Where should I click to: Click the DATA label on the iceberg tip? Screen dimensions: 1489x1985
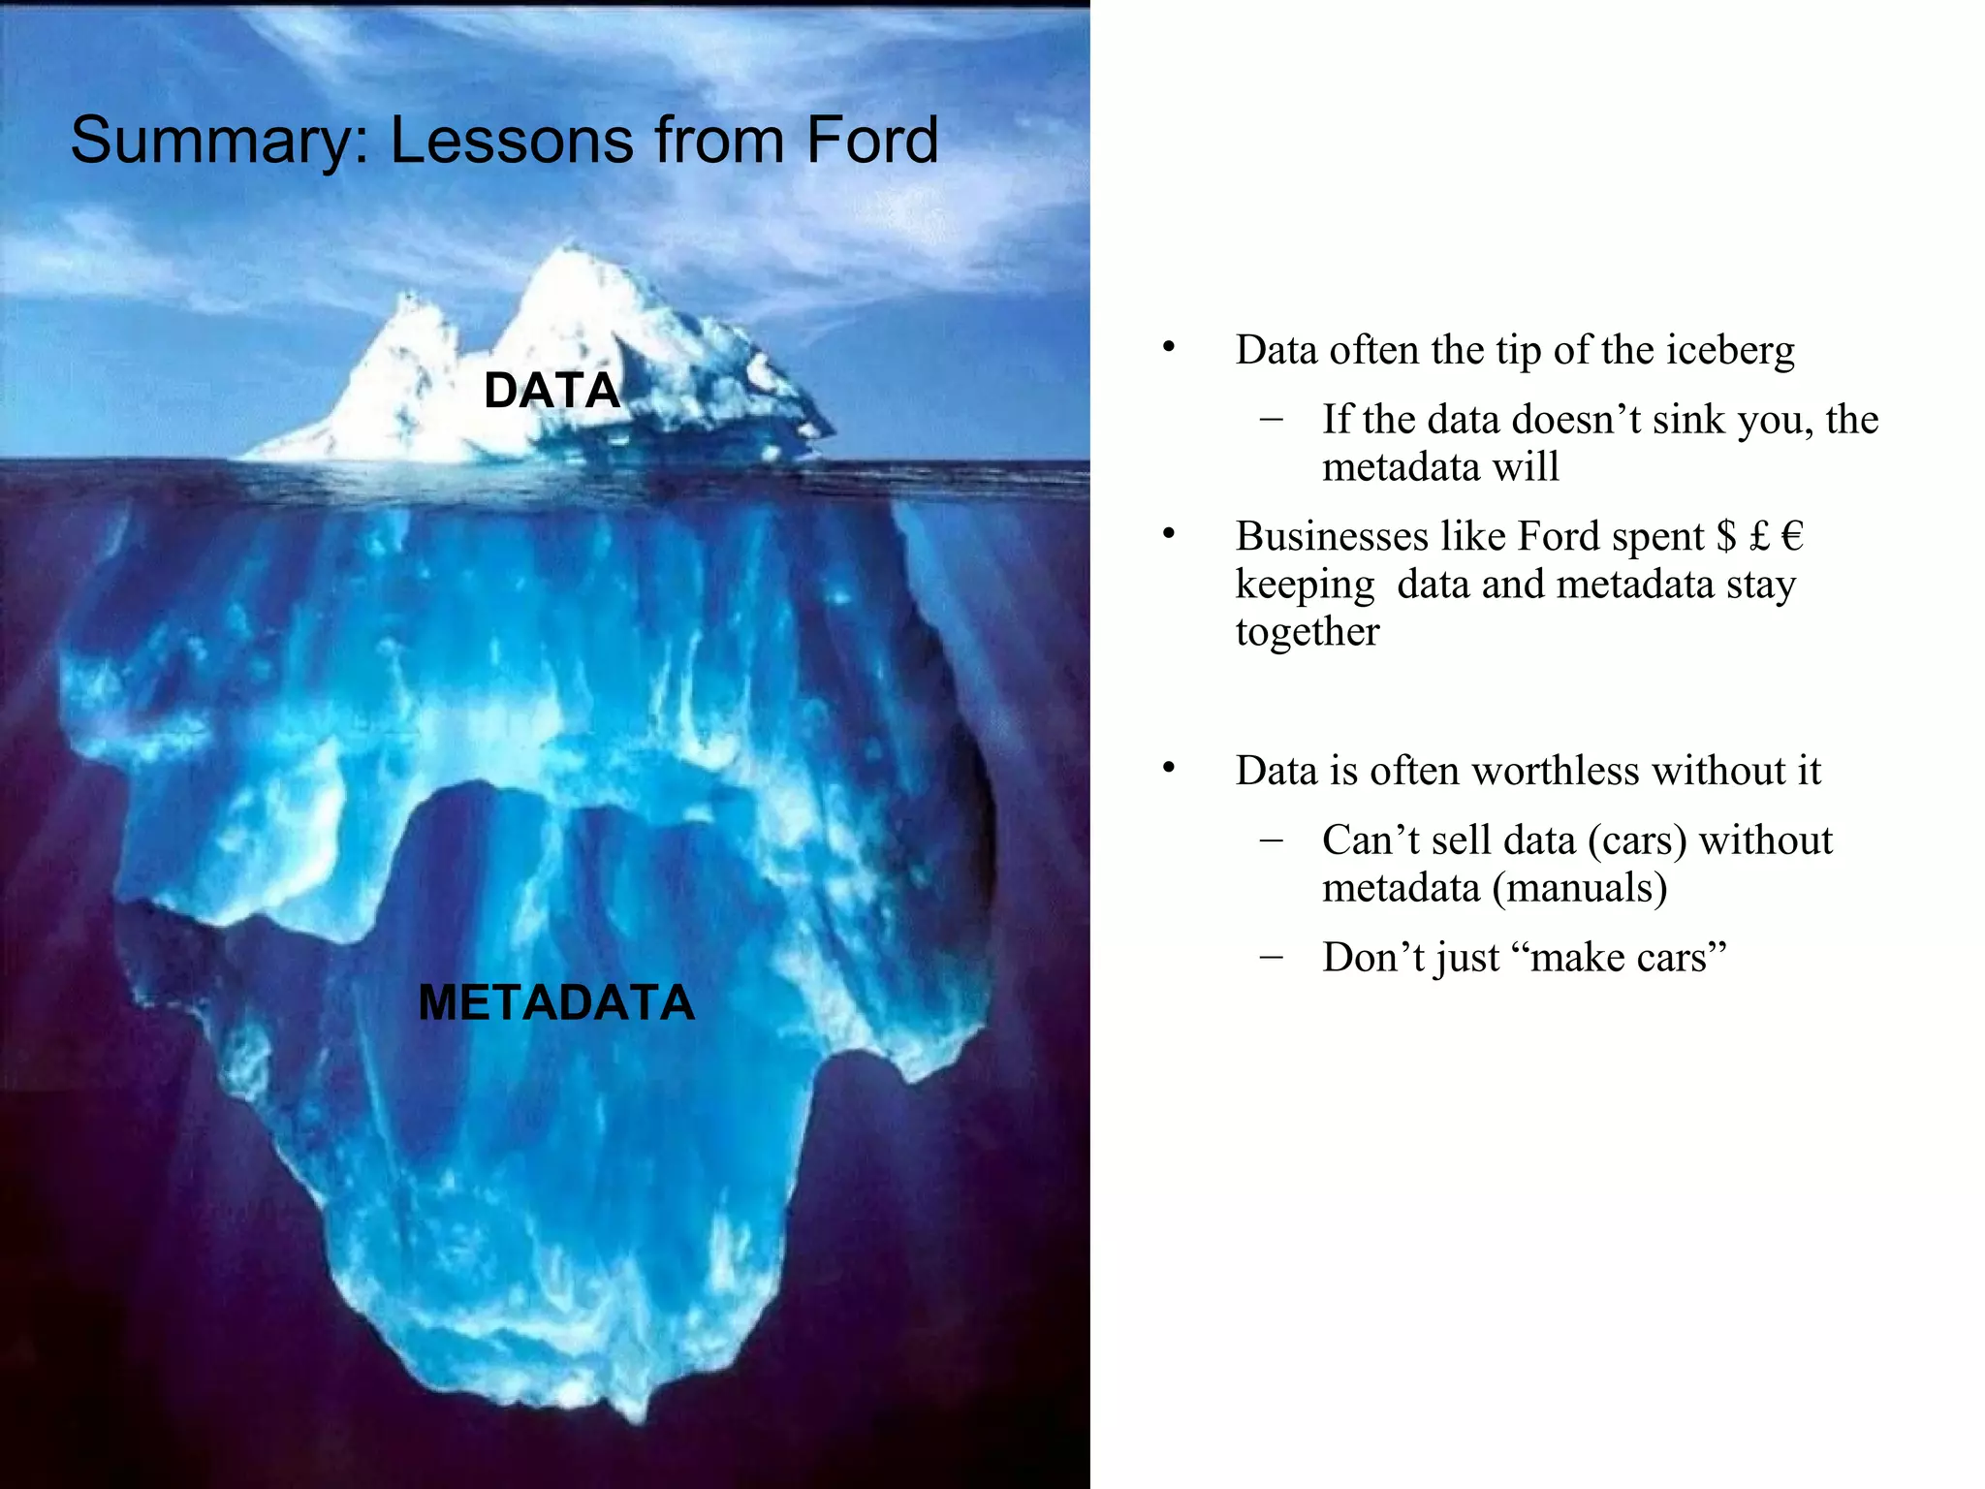tap(551, 391)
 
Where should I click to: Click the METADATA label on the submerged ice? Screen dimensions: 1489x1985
tap(556, 1002)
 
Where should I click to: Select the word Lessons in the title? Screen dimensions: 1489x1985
tap(511, 141)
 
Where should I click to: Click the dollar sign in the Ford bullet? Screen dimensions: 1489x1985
tap(1726, 536)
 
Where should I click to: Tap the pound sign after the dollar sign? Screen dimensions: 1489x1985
tap(1759, 536)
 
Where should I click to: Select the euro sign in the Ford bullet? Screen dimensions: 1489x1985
tap(1792, 536)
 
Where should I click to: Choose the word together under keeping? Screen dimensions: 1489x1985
tap(1307, 632)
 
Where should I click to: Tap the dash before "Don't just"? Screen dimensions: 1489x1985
tap(1272, 957)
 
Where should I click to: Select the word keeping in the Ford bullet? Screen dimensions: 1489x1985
tap(1305, 586)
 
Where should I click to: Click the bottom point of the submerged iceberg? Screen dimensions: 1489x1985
tap(635, 1420)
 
